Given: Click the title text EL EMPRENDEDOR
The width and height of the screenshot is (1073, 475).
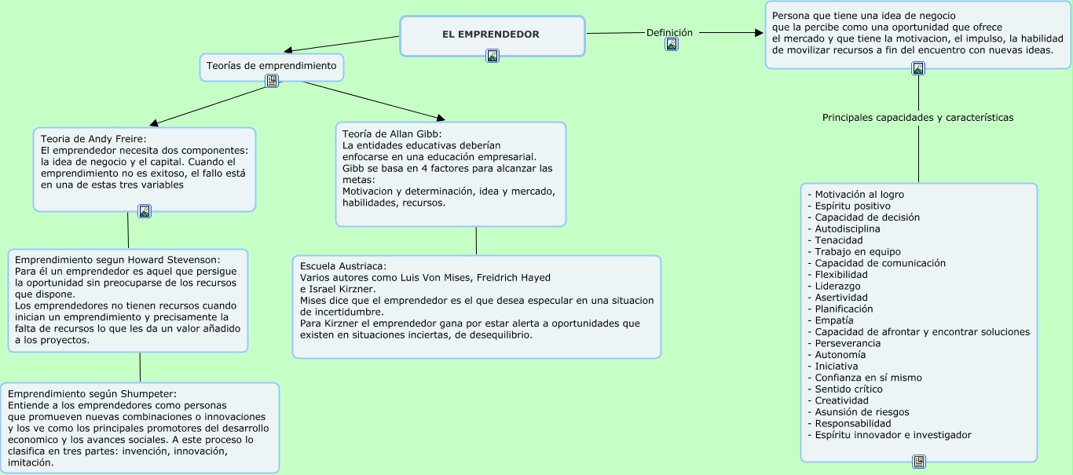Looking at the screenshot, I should point(491,35).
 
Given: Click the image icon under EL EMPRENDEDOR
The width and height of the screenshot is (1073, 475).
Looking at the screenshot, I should point(493,56).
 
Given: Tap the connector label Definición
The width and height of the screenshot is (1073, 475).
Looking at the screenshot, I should point(669,32).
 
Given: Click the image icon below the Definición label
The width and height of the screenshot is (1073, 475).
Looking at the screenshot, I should point(672,45).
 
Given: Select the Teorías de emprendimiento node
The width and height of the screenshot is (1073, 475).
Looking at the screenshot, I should point(271,66).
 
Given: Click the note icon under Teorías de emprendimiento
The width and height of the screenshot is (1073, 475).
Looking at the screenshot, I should point(272,81).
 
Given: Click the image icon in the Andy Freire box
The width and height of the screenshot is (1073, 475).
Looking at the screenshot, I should point(145,211).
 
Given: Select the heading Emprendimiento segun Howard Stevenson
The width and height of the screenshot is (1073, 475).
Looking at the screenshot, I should point(118,259).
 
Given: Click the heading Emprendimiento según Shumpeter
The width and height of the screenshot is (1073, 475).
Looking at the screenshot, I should point(93,393).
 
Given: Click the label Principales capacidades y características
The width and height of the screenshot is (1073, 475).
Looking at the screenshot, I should point(917,118).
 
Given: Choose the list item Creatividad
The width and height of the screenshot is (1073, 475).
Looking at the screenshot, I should point(841,400).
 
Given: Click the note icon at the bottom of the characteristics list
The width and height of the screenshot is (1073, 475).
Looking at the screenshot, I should point(919,462).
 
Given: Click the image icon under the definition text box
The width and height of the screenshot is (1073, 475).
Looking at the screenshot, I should point(918,69).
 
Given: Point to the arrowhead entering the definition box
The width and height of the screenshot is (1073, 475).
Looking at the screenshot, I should point(759,33).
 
